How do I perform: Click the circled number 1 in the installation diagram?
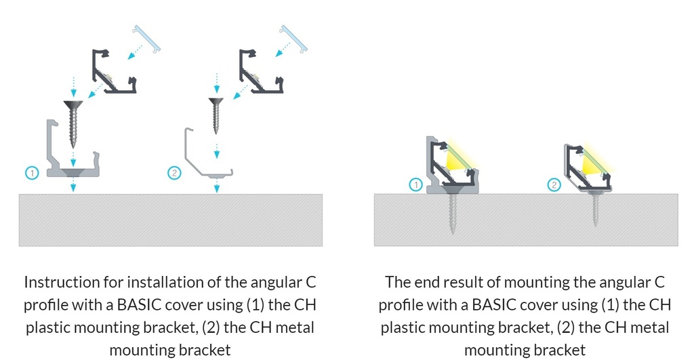coord(32,173)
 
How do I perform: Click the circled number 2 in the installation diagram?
coord(174,173)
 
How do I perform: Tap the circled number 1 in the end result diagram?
coord(415,184)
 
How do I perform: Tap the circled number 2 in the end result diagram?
coord(554,184)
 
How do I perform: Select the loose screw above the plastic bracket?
coord(73,124)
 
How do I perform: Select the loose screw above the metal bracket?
coord(216,116)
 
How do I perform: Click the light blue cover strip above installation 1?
coord(147,39)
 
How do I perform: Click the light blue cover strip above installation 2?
coord(293,39)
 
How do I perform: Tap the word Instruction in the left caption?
coord(62,282)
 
